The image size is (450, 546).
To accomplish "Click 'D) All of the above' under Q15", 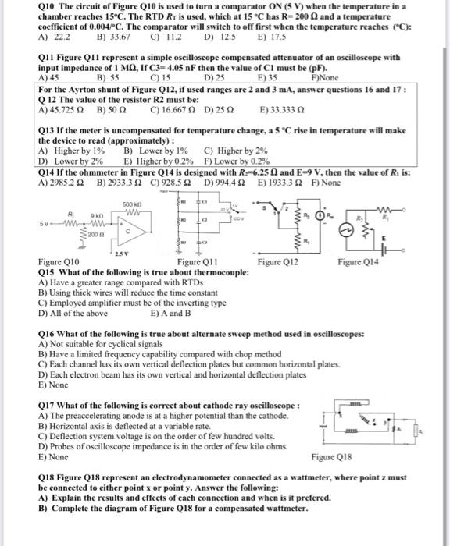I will (73, 313).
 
